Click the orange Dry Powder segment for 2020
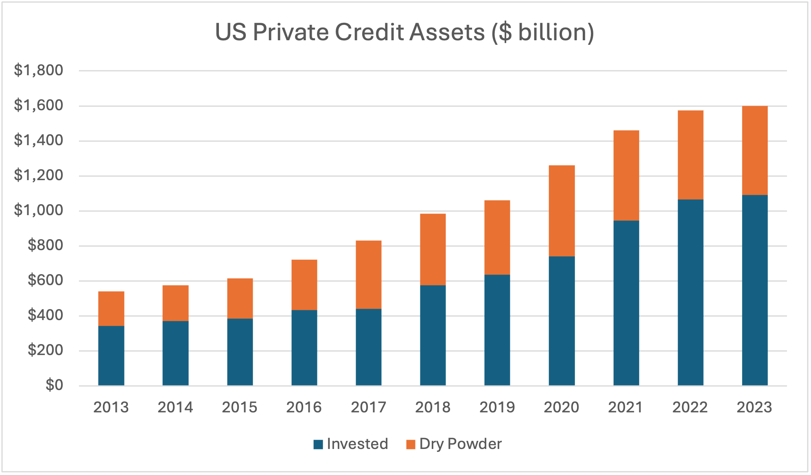point(562,211)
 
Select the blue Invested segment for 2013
point(111,355)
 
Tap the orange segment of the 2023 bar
point(754,150)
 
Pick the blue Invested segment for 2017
point(368,347)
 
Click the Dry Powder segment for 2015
point(240,298)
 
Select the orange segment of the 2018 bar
point(433,249)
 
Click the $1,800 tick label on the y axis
point(39,70)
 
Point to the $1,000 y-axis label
point(39,210)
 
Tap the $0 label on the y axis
point(54,385)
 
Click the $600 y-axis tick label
point(45,280)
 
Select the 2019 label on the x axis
point(497,407)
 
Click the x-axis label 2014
point(175,407)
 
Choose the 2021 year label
point(625,407)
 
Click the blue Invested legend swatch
point(318,444)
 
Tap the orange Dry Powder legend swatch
point(411,444)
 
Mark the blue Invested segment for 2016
point(304,347)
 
